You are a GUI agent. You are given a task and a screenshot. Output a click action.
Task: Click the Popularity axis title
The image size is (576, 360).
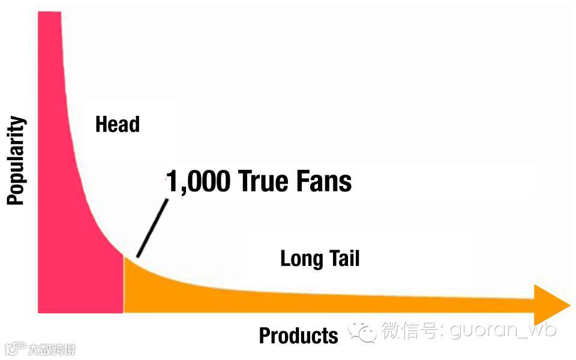16,161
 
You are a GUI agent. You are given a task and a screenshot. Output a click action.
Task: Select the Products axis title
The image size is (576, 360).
298,335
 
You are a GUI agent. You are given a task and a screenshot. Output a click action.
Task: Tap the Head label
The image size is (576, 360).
118,124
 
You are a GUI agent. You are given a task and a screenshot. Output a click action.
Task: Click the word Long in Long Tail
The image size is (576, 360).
301,259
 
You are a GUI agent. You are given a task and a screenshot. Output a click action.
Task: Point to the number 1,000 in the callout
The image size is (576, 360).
197,181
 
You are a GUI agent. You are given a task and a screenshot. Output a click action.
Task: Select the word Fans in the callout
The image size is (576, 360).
326,181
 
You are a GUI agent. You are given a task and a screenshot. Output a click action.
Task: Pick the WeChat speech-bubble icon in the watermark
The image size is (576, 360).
364,329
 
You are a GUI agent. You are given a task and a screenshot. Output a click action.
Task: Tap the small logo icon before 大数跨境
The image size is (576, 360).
16,349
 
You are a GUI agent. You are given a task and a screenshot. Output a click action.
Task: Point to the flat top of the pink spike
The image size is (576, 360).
49,13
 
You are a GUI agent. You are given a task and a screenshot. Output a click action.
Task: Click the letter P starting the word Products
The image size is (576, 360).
265,335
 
